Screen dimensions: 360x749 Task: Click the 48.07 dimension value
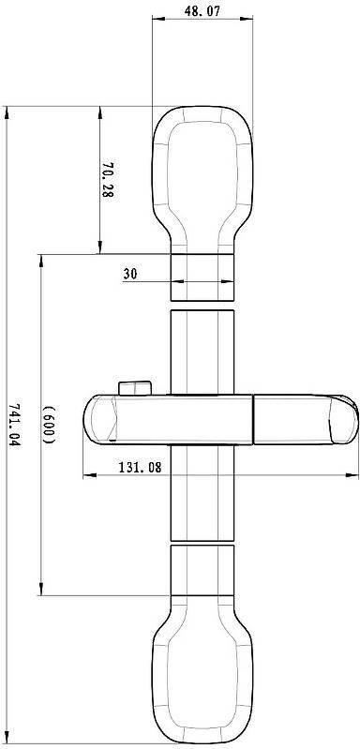click(x=202, y=11)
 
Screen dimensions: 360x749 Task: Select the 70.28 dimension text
click(x=109, y=180)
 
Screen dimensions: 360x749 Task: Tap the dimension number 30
click(x=130, y=274)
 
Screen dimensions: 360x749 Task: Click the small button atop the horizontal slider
click(x=135, y=387)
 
